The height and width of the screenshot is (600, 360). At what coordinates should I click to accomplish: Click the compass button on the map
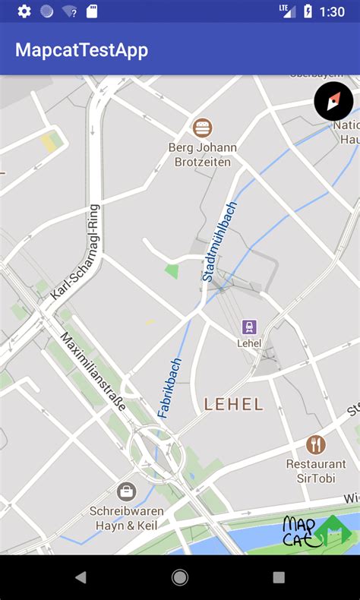click(333, 102)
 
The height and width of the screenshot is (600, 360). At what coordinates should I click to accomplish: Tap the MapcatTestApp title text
click(82, 50)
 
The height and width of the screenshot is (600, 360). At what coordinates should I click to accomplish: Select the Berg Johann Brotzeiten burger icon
click(202, 128)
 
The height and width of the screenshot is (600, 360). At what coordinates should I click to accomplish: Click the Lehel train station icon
click(249, 327)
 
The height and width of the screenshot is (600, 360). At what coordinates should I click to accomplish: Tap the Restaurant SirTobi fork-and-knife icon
click(316, 445)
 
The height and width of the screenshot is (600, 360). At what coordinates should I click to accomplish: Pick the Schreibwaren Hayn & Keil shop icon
click(127, 492)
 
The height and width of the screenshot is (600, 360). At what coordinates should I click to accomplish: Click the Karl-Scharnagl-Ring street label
click(74, 251)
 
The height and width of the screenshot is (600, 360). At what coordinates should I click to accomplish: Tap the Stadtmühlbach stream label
click(220, 242)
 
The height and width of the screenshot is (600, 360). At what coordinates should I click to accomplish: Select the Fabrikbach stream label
click(170, 387)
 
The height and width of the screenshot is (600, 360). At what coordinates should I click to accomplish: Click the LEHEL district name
click(234, 404)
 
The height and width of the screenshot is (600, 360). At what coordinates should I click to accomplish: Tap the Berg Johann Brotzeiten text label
click(202, 154)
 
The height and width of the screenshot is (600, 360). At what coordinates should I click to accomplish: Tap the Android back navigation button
click(81, 577)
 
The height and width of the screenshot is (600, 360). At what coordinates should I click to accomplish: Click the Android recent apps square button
click(279, 577)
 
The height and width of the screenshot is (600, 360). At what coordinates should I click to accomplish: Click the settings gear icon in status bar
click(24, 11)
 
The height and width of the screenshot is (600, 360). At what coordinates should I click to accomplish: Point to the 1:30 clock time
click(332, 11)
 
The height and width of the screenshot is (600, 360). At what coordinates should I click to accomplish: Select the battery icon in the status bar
click(308, 11)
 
